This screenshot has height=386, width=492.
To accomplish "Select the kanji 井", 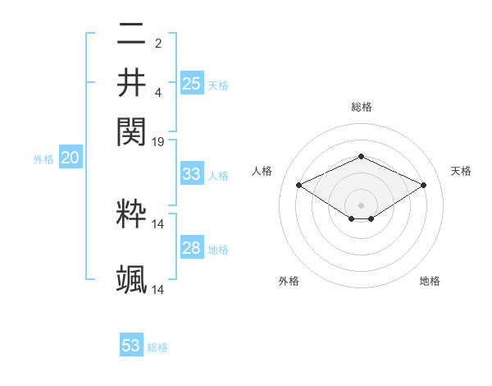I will coord(131,83).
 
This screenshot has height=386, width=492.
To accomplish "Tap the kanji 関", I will coord(131,131).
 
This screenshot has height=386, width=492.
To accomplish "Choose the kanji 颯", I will coord(131,279).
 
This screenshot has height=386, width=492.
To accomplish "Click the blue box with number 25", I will coord(192,83).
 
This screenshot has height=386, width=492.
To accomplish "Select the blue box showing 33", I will coord(191,174).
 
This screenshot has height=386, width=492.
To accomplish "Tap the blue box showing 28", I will coord(191,248).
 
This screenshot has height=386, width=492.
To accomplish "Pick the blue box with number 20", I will coord(70,159).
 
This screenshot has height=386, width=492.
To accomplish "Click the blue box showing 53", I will coord(131,346).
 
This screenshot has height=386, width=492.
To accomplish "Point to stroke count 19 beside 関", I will coord(158,142).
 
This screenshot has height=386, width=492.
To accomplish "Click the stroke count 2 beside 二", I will coord(157,44).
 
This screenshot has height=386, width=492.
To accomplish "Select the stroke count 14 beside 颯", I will coord(158,290).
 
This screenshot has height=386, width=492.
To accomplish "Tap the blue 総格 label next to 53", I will coord(157,347).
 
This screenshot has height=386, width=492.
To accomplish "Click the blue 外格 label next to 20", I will coord(43,160).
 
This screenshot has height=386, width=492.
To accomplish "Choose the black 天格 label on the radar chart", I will coord(461,171).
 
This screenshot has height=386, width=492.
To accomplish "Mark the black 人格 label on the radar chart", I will coord(262,171).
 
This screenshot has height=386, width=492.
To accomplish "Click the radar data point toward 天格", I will coord(424,186).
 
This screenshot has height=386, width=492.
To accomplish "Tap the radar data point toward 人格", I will coord(299,186).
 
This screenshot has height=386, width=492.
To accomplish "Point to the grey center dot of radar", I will coord(361,204).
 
